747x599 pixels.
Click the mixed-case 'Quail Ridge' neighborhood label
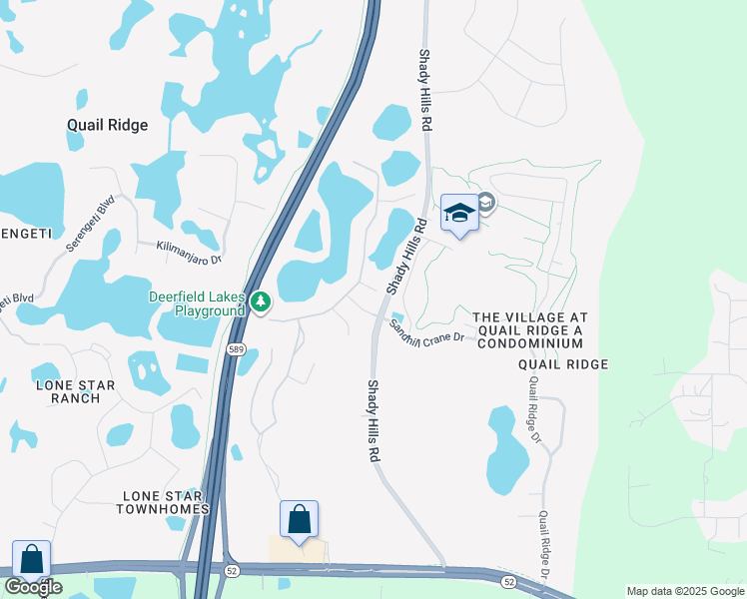click(x=107, y=126)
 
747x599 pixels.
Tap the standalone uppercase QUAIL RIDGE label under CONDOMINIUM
click(x=563, y=364)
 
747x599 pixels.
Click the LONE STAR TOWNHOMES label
click(x=166, y=502)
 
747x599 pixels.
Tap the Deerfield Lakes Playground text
click(x=197, y=303)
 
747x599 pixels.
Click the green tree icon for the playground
click(x=261, y=300)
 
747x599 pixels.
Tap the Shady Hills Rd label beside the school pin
click(x=406, y=257)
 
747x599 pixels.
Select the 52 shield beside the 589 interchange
click(x=231, y=569)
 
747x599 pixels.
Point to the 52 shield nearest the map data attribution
click(x=509, y=581)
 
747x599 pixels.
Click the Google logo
click(x=33, y=587)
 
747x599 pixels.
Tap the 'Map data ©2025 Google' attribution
click(x=684, y=591)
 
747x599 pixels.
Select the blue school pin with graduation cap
click(x=459, y=213)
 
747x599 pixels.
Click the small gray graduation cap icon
click(x=486, y=203)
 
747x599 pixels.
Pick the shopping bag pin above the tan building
click(x=299, y=519)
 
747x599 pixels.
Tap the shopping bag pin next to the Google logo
click(x=31, y=559)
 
